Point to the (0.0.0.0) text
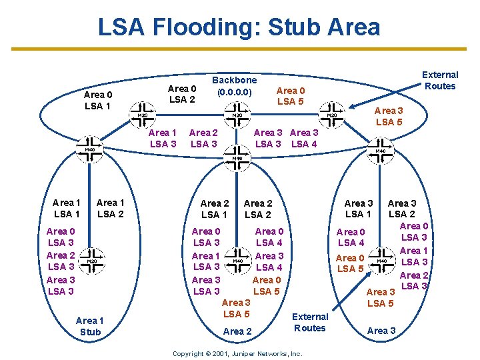tap(233, 91)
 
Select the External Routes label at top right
tap(440, 80)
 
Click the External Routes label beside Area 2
tap(310, 322)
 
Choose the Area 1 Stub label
tap(90, 326)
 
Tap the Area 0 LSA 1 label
tap(98, 100)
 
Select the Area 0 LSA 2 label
tap(181, 94)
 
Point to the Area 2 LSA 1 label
tap(214, 209)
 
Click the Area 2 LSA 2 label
tap(258, 209)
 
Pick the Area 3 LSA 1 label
tap(358, 208)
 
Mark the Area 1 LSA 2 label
tap(111, 208)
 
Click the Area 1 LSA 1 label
tap(67, 208)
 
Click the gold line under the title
tap(240, 49)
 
